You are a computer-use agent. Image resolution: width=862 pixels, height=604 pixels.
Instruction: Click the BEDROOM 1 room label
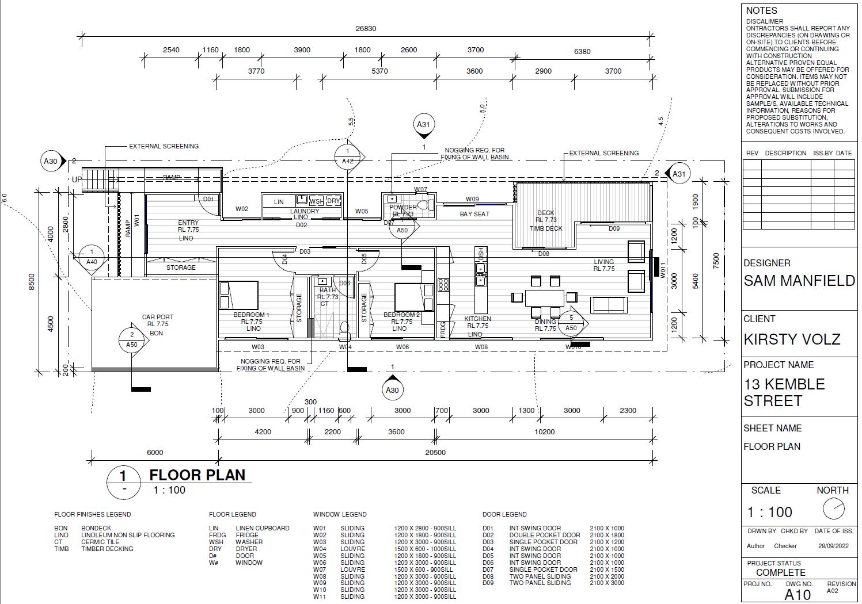[x=251, y=315]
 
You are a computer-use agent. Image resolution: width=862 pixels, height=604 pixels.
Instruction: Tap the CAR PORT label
[x=157, y=317]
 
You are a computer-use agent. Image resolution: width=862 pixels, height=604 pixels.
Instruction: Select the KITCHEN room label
[x=477, y=319]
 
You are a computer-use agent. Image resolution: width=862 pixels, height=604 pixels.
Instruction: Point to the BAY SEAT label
[x=474, y=214]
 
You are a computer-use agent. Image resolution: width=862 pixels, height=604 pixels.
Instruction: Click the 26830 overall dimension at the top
[x=366, y=29]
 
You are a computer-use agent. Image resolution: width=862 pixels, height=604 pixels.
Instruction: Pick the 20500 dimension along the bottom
[x=435, y=453]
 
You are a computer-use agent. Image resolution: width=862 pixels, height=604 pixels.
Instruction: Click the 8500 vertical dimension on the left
[x=32, y=282]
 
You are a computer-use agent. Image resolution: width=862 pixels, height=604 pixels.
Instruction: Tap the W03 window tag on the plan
[x=258, y=347]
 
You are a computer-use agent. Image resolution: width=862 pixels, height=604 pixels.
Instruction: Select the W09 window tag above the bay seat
[x=472, y=200]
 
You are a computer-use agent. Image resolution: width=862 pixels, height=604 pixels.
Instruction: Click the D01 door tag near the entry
[x=208, y=200]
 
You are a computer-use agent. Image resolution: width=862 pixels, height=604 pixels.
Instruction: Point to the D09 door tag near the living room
[x=614, y=228]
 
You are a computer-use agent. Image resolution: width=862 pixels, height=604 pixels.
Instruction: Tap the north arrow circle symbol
[x=833, y=509]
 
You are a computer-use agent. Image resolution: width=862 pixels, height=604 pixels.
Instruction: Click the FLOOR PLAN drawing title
[x=197, y=475]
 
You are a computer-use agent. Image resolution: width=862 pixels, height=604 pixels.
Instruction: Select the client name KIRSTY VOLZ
[x=792, y=339]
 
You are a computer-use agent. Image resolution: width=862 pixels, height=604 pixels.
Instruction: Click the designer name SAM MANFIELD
[x=799, y=281]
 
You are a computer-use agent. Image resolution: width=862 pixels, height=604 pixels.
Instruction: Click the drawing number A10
[x=798, y=595]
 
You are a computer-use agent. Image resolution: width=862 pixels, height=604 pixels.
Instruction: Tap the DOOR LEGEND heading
[x=504, y=514]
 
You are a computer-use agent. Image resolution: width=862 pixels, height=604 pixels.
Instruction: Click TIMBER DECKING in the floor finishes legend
[x=107, y=549]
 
